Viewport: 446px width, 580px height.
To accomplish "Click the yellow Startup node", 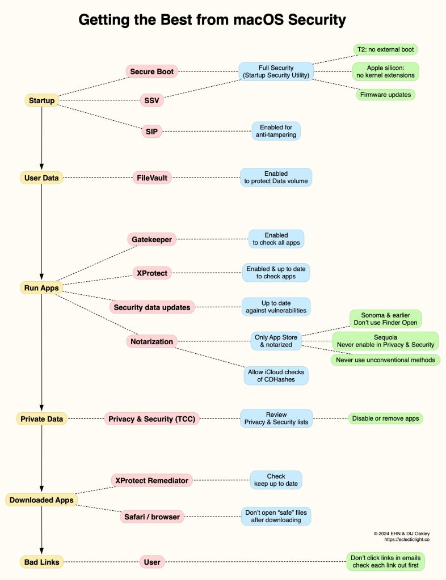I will click(41, 101).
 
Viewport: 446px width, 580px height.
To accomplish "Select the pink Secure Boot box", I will click(152, 71).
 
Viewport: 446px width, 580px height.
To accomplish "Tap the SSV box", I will click(152, 101).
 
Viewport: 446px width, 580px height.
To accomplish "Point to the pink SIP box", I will click(152, 132).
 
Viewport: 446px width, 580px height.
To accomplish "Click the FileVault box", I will click(152, 178).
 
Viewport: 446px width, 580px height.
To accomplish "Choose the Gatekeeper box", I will click(152, 239).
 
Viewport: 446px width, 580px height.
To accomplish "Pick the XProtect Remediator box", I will click(152, 480).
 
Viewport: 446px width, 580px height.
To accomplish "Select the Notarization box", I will click(152, 341).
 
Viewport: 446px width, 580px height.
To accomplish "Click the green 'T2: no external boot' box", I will click(385, 49).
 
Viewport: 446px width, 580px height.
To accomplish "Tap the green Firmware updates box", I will click(385, 94).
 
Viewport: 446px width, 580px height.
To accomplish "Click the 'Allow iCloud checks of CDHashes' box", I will click(276, 375).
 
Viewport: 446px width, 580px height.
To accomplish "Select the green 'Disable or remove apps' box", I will click(385, 418).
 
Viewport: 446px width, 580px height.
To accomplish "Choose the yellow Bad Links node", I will click(41, 562).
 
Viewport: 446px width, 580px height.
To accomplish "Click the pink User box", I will click(152, 562).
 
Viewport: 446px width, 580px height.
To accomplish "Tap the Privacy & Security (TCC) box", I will click(152, 419).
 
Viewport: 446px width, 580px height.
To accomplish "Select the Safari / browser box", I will click(152, 517).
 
